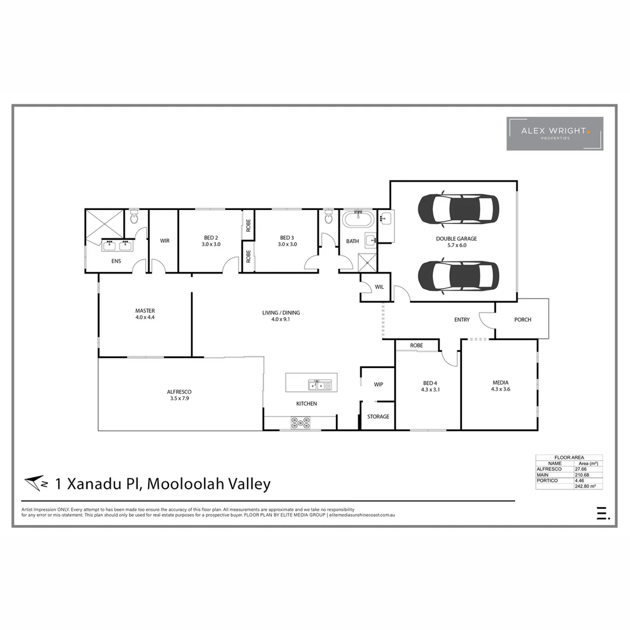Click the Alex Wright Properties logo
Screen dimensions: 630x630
pyautogui.click(x=555, y=134)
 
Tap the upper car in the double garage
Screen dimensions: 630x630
pyautogui.click(x=459, y=208)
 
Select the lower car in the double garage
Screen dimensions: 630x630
pyautogui.click(x=459, y=276)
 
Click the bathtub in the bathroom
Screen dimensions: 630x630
pyautogui.click(x=358, y=220)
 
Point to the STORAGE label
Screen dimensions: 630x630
pyautogui.click(x=378, y=416)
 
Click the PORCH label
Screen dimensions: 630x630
pyautogui.click(x=523, y=320)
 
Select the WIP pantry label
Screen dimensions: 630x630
pyautogui.click(x=378, y=384)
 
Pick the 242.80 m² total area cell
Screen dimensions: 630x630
pyautogui.click(x=588, y=486)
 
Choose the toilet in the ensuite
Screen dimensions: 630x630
pyautogui.click(x=134, y=218)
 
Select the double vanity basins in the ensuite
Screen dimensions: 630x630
pyautogui.click(x=117, y=245)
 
